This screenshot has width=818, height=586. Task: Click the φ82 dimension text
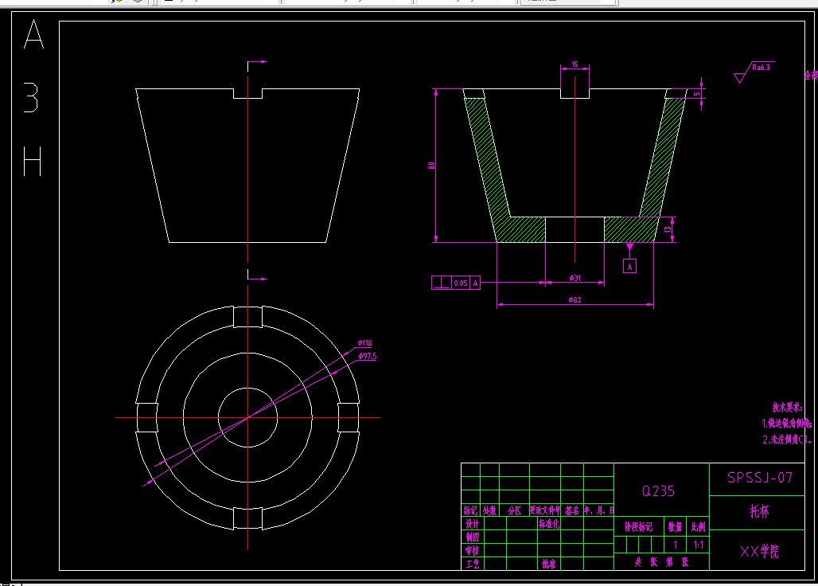[575, 299]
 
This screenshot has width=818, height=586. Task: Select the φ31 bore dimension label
[575, 277]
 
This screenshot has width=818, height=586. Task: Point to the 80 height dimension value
[431, 165]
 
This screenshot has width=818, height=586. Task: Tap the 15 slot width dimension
[575, 64]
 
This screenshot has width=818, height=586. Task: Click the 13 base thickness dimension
[668, 229]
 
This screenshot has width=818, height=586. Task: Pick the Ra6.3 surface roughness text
[762, 68]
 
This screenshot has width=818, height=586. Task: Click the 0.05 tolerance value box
[461, 283]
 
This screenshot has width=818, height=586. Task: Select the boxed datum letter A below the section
[630, 267]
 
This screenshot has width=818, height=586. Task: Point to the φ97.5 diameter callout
[367, 356]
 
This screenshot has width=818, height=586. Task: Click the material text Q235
[658, 491]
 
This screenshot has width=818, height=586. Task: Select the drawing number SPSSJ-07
[760, 478]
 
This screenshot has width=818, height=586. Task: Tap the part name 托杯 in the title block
[760, 512]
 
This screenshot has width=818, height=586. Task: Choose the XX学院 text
[760, 550]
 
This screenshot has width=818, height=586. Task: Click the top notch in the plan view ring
[247, 316]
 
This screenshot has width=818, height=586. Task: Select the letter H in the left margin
[33, 161]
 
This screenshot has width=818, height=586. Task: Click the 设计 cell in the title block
[472, 524]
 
